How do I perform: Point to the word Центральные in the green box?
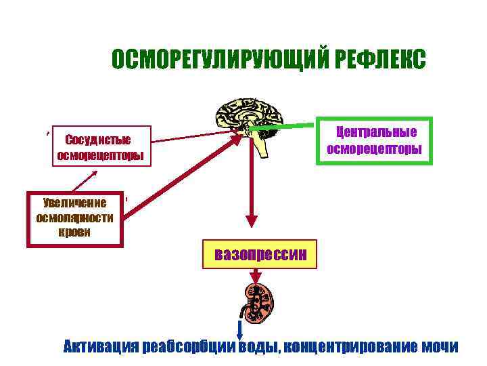click(376, 131)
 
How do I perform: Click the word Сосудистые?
click(98, 140)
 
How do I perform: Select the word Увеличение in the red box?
click(74, 203)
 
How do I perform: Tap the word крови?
click(74, 231)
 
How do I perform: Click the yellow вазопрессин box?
click(260, 255)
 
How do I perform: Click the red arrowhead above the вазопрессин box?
click(252, 221)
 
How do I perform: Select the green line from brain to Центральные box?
click(284, 126)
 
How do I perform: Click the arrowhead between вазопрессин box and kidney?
click(257, 277)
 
